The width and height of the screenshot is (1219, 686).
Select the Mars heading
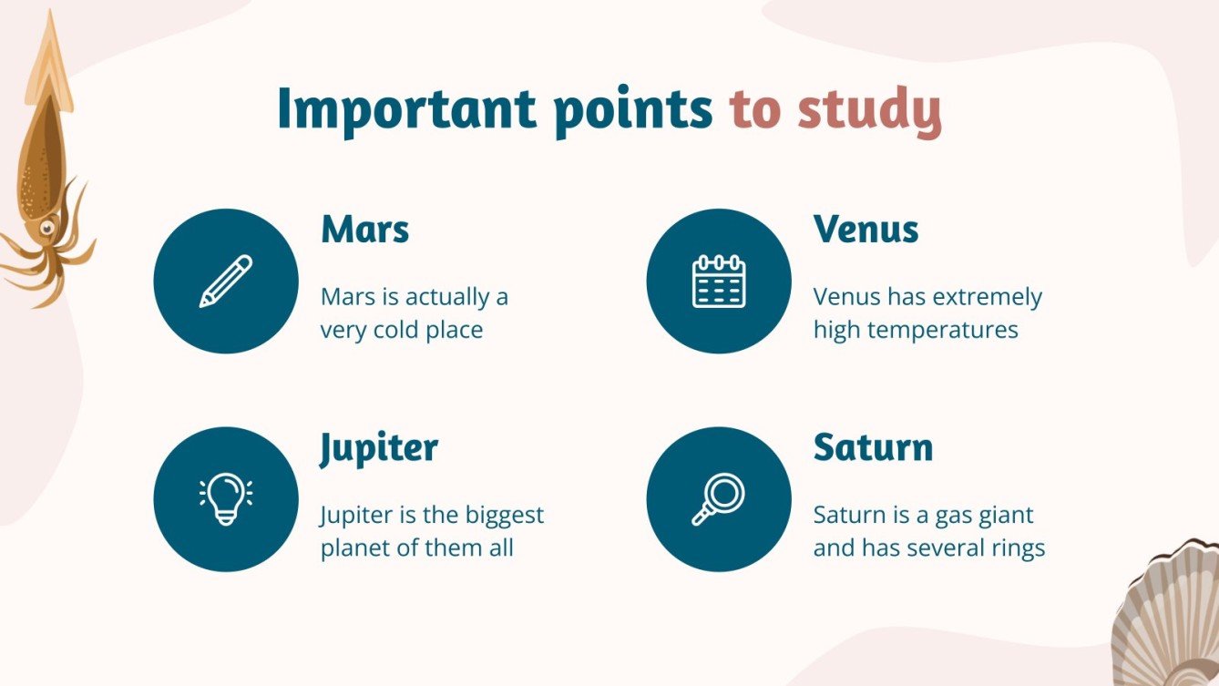[364, 230]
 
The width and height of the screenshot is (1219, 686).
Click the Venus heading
[866, 230]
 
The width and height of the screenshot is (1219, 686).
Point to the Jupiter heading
[379, 448]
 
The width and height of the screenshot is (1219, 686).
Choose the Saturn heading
[873, 448]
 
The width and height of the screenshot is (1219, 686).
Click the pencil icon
[225, 281]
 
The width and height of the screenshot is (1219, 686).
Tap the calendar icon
[719, 281]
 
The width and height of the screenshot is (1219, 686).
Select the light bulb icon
[225, 499]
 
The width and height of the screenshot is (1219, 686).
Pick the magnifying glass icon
[719, 499]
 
